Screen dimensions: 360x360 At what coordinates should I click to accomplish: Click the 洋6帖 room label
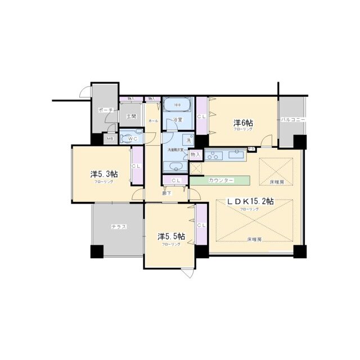tap(243, 123)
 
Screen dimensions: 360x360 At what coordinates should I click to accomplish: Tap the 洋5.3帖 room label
tap(102, 174)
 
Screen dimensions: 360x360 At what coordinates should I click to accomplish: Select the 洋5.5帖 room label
tap(169, 237)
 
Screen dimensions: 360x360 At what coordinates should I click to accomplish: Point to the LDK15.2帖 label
tap(250, 201)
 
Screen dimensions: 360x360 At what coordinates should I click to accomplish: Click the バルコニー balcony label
tap(293, 120)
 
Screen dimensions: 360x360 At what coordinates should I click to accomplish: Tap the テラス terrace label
tap(118, 226)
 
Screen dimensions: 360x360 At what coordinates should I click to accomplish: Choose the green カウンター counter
tap(219, 180)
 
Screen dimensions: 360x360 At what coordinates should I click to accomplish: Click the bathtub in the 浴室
tap(177, 105)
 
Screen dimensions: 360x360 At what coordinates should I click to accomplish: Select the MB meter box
tap(110, 139)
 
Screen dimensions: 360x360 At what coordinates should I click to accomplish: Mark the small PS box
tap(251, 148)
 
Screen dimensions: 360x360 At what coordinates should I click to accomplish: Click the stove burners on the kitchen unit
tap(214, 155)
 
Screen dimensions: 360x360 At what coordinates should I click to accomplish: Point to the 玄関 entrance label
tap(131, 116)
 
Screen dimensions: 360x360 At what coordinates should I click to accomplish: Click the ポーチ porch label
tap(105, 110)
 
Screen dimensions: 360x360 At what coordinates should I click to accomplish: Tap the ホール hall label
tap(152, 121)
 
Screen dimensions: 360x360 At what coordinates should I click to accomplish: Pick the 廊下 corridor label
tap(166, 193)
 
